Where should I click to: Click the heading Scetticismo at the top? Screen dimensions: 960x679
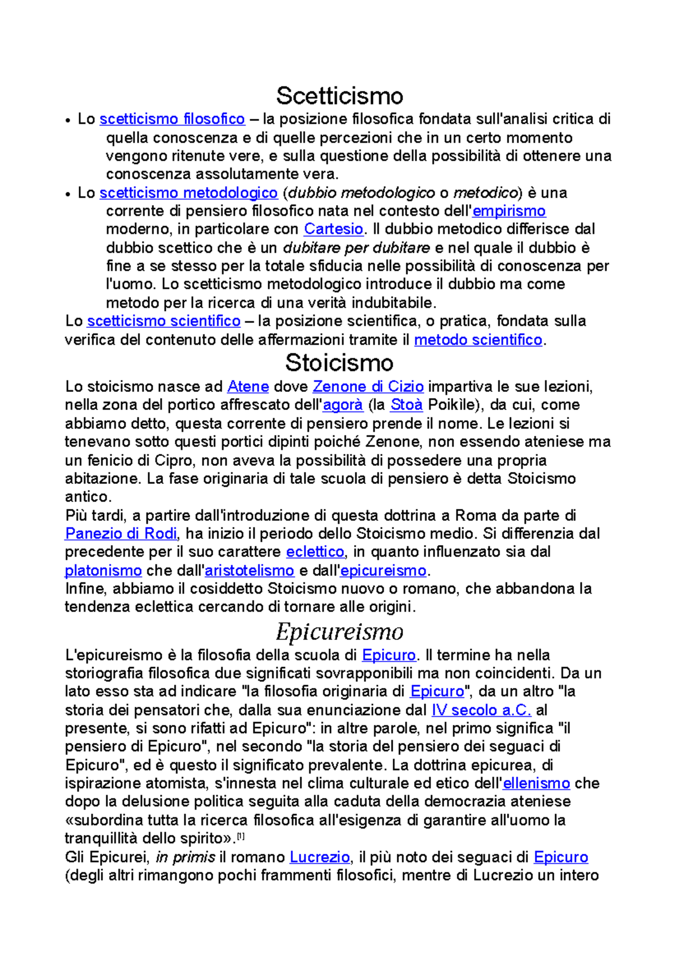click(x=339, y=96)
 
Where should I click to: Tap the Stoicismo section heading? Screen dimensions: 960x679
click(x=339, y=363)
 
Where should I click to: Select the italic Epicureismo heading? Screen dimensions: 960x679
click(x=339, y=632)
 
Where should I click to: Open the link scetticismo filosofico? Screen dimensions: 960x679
click(x=172, y=119)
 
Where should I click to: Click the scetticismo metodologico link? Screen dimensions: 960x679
click(x=188, y=193)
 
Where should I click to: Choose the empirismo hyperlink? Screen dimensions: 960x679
click(x=509, y=211)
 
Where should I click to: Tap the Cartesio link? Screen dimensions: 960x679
click(x=333, y=230)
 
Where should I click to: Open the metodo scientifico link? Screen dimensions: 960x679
click(x=478, y=340)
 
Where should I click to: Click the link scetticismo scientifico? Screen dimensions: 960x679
click(x=164, y=321)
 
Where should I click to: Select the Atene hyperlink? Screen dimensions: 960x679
click(x=248, y=387)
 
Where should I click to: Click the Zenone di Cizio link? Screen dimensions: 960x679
click(x=368, y=387)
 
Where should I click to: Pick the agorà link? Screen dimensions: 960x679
click(x=343, y=405)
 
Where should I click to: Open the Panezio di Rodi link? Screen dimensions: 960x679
click(x=121, y=534)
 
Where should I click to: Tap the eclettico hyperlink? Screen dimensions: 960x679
click(x=315, y=552)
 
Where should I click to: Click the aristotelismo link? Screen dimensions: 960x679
click(x=250, y=570)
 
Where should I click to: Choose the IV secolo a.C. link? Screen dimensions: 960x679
click(x=481, y=710)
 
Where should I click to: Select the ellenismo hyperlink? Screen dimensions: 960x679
click(x=536, y=784)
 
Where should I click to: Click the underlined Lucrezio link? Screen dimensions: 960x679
click(x=320, y=857)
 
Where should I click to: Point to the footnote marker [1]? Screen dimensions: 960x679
click(x=240, y=836)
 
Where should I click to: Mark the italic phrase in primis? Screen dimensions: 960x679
click(x=185, y=857)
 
